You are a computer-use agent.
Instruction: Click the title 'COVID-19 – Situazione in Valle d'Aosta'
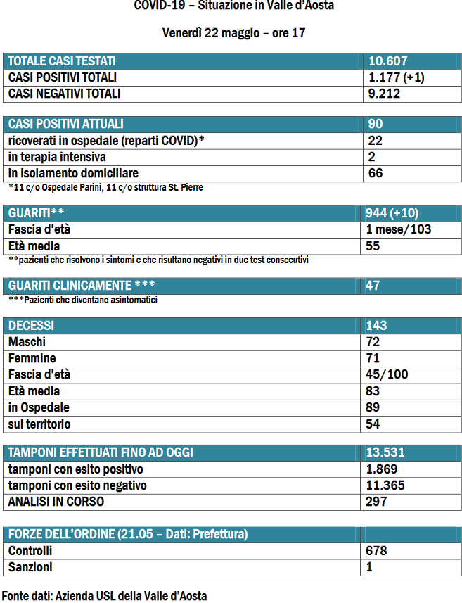[233, 6]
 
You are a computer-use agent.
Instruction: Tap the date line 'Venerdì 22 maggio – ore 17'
[233, 33]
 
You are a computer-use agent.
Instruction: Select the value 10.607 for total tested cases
[388, 61]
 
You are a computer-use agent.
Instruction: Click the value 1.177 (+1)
[396, 77]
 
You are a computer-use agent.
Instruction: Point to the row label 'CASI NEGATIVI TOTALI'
[64, 94]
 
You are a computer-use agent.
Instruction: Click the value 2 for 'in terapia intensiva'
[371, 157]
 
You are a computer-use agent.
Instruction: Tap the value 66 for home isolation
[376, 173]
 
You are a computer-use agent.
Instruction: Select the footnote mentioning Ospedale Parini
[106, 188]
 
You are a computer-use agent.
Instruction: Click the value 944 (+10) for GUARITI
[398, 213]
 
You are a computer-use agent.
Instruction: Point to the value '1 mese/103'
[399, 229]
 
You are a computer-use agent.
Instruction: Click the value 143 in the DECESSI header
[377, 326]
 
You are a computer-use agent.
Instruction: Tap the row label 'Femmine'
[32, 358]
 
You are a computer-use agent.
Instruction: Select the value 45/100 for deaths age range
[387, 374]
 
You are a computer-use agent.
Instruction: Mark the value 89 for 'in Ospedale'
[373, 407]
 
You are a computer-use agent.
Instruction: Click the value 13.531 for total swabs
[385, 452]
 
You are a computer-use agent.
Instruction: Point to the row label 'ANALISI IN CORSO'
[56, 502]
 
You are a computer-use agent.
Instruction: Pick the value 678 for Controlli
[377, 551]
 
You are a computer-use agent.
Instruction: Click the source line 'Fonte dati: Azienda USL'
[104, 595]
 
